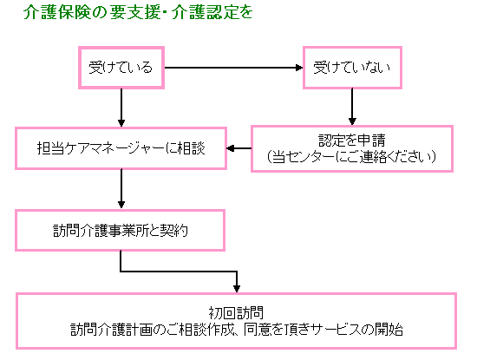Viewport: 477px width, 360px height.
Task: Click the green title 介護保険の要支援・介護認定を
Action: click(138, 12)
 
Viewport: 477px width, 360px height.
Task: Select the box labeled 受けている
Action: click(121, 68)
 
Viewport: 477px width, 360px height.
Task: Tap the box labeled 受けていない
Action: click(352, 68)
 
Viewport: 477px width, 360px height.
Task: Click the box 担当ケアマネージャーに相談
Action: click(121, 148)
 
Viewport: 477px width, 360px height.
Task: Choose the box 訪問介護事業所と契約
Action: click(121, 231)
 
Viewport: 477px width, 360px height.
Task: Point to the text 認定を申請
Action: click(352, 141)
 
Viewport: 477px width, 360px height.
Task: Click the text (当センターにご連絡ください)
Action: click(351, 156)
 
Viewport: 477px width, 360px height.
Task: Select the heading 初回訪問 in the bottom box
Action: click(236, 312)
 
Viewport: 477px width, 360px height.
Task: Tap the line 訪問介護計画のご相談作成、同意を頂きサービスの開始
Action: click(237, 329)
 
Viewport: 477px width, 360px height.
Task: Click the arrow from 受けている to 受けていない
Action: click(233, 68)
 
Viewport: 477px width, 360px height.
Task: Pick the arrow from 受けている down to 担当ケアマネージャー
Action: click(121, 108)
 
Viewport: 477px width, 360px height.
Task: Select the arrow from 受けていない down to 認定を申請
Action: click(352, 107)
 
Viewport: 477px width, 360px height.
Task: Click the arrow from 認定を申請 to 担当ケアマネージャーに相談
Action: click(239, 148)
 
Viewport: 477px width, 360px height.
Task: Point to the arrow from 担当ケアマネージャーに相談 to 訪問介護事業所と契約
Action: click(121, 189)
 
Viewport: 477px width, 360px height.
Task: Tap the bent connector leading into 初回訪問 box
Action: click(179, 271)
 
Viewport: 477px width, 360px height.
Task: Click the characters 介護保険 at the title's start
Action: click(57, 12)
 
